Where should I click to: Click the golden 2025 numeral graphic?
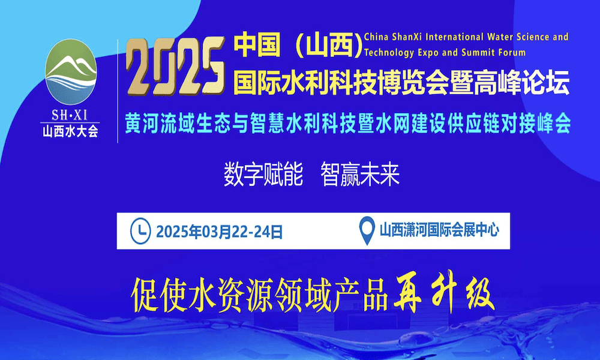point(176,66)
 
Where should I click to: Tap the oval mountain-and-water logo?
point(71,71)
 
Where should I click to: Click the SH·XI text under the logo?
point(70,115)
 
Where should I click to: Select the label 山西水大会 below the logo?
point(70,131)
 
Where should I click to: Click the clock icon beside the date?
point(140,231)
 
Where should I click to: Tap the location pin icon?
point(367,230)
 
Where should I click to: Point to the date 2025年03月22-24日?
point(219,232)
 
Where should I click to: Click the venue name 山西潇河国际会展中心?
point(440,230)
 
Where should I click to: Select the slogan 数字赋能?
point(263,174)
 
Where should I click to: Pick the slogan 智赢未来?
point(360,174)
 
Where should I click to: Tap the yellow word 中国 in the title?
point(256,45)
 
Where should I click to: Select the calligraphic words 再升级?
point(444,292)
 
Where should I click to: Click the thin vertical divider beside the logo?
point(118,91)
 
